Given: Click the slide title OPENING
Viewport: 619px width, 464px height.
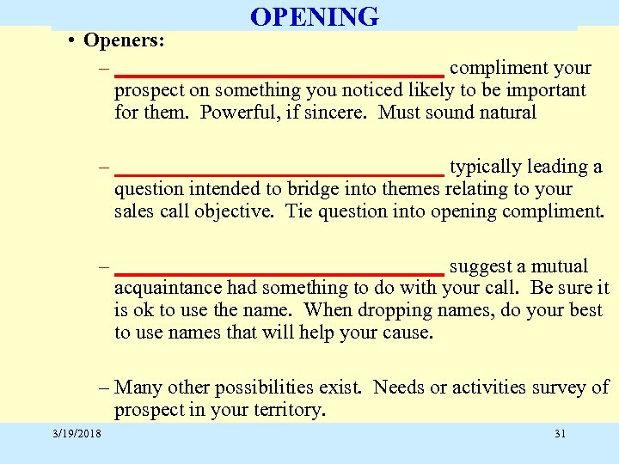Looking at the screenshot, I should (x=314, y=16).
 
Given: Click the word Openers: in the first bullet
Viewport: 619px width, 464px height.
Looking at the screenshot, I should (x=125, y=41).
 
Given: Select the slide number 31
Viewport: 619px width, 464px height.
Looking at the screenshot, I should (x=560, y=433).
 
